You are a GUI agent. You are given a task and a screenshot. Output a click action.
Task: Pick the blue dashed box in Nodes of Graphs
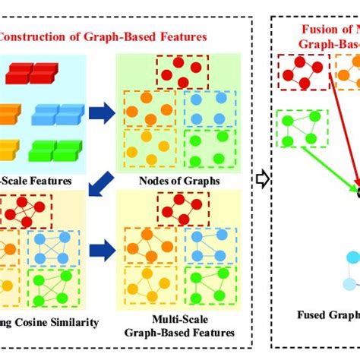(208, 107)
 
